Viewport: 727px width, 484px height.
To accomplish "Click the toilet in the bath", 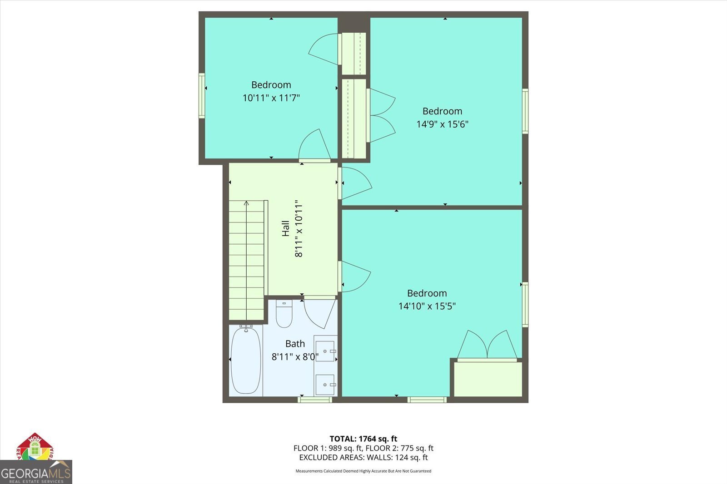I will pos(284,314).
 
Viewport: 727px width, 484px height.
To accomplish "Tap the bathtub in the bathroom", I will pos(246,360).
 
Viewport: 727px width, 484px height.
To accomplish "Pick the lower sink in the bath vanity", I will pos(325,384).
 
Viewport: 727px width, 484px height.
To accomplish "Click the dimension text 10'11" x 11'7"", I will pos(271,98).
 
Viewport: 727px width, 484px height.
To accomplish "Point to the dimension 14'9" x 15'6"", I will pos(442,124).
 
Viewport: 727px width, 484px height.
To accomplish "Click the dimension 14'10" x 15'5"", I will pos(427,306).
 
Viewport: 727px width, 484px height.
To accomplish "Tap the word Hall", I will pos(285,228).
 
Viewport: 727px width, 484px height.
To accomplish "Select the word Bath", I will pos(295,344).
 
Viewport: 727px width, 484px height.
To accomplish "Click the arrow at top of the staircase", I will pos(246,203).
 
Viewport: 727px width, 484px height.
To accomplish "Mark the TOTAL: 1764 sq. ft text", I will pos(363,439).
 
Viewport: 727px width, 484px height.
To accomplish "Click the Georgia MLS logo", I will pos(36,473).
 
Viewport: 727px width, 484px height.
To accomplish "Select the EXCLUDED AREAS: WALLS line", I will pos(363,457).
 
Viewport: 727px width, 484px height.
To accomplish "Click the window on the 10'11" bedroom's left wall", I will pos(202,96).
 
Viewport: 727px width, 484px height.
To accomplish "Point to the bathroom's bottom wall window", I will pos(314,400).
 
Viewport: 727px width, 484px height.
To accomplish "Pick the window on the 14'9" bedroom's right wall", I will pos(525,111).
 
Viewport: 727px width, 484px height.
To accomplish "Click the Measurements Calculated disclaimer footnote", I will pos(363,471).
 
